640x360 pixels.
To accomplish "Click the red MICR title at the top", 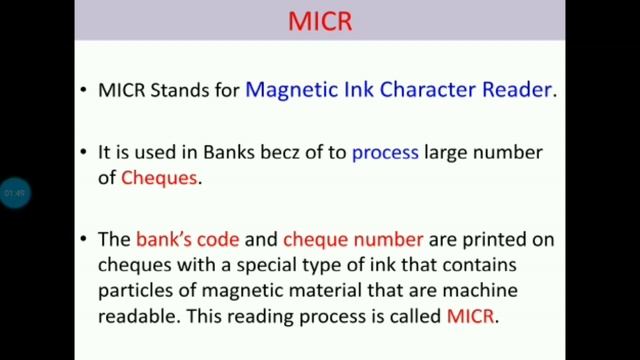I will pyautogui.click(x=320, y=21).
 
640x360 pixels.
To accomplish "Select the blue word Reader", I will pyautogui.click(x=515, y=90).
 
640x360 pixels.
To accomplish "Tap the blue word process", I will pyautogui.click(x=384, y=154).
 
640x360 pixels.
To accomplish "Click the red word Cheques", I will pyautogui.click(x=160, y=178).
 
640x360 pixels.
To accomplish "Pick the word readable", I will pyautogui.click(x=134, y=315).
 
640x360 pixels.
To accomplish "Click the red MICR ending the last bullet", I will pyautogui.click(x=470, y=315).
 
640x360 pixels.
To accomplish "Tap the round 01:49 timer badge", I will pyautogui.click(x=14, y=192).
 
